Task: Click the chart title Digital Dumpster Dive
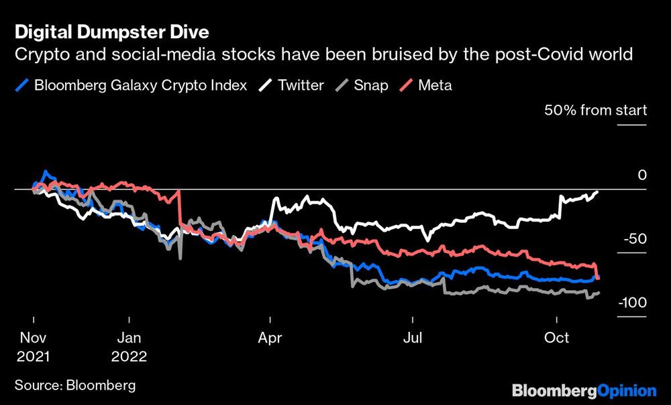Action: (x=112, y=32)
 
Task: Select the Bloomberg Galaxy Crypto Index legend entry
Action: (x=139, y=85)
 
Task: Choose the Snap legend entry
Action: (x=371, y=85)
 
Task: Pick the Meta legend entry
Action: (x=435, y=85)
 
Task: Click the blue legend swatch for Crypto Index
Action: (x=23, y=85)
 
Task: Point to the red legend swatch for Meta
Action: (x=409, y=85)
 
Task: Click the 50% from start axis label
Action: (x=595, y=110)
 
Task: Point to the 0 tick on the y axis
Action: (x=641, y=175)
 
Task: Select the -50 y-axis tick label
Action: (x=635, y=239)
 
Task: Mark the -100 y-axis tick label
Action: (x=632, y=303)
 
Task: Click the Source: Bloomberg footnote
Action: (x=74, y=385)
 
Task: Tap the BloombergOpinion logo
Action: (x=584, y=390)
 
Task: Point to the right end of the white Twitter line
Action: (x=597, y=192)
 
